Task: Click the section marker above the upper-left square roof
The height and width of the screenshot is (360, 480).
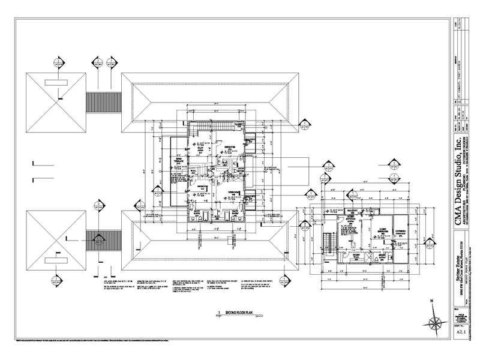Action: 58,61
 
